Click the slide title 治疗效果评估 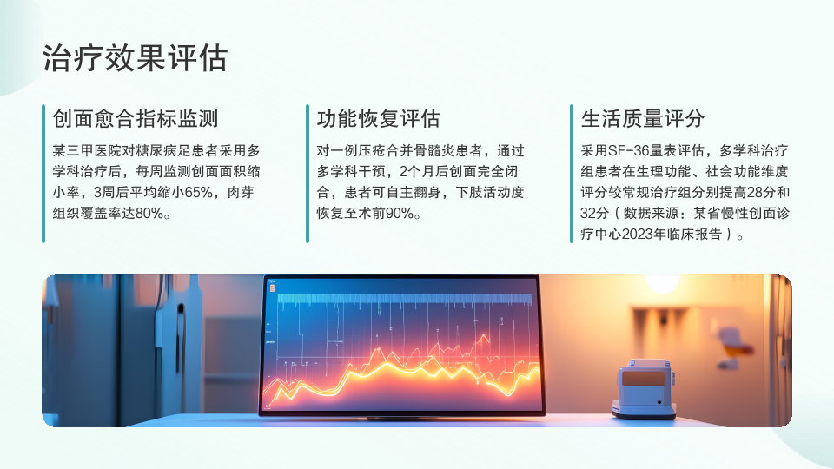click(x=136, y=57)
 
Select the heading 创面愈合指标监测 click(x=136, y=118)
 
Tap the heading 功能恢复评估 click(x=379, y=118)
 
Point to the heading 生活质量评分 click(x=643, y=118)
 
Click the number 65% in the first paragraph click(x=198, y=193)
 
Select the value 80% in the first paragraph click(x=149, y=214)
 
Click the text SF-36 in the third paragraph click(x=628, y=151)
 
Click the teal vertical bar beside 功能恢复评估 click(x=308, y=174)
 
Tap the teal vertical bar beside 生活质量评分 click(x=572, y=174)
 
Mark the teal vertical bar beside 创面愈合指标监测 click(x=43, y=174)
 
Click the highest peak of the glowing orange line click(x=484, y=337)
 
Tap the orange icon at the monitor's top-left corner click(x=272, y=288)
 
